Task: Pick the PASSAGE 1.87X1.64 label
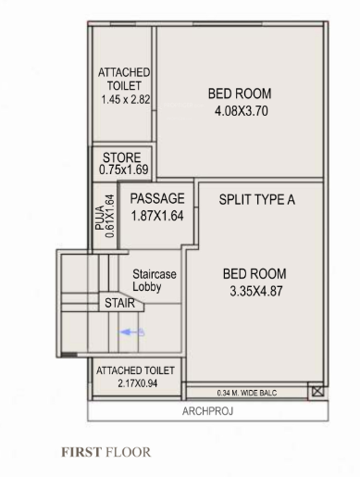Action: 157,207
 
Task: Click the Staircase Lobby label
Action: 155,282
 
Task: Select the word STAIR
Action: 119,303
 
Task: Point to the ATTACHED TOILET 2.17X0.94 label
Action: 133,376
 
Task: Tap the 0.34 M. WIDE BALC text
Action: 245,393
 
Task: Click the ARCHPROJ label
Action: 206,409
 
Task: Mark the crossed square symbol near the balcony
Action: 318,393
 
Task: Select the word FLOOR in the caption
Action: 127,453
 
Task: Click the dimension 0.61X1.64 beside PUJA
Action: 110,215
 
